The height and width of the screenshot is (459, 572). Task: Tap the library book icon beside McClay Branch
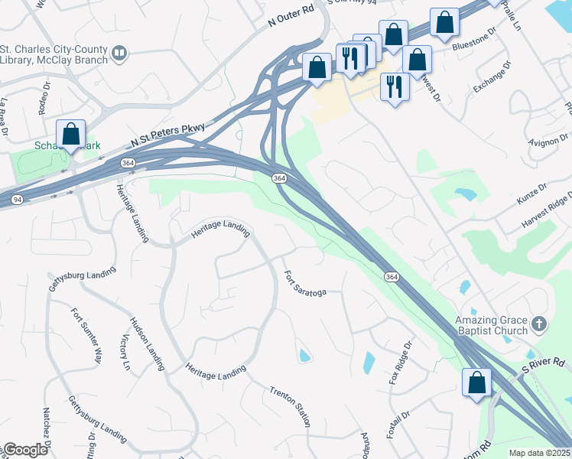point(119,53)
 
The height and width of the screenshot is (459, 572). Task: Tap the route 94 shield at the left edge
point(16,200)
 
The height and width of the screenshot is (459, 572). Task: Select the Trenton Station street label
point(290,406)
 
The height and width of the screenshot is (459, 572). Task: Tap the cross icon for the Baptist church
point(540,324)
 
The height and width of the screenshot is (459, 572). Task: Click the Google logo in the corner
point(25,450)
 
